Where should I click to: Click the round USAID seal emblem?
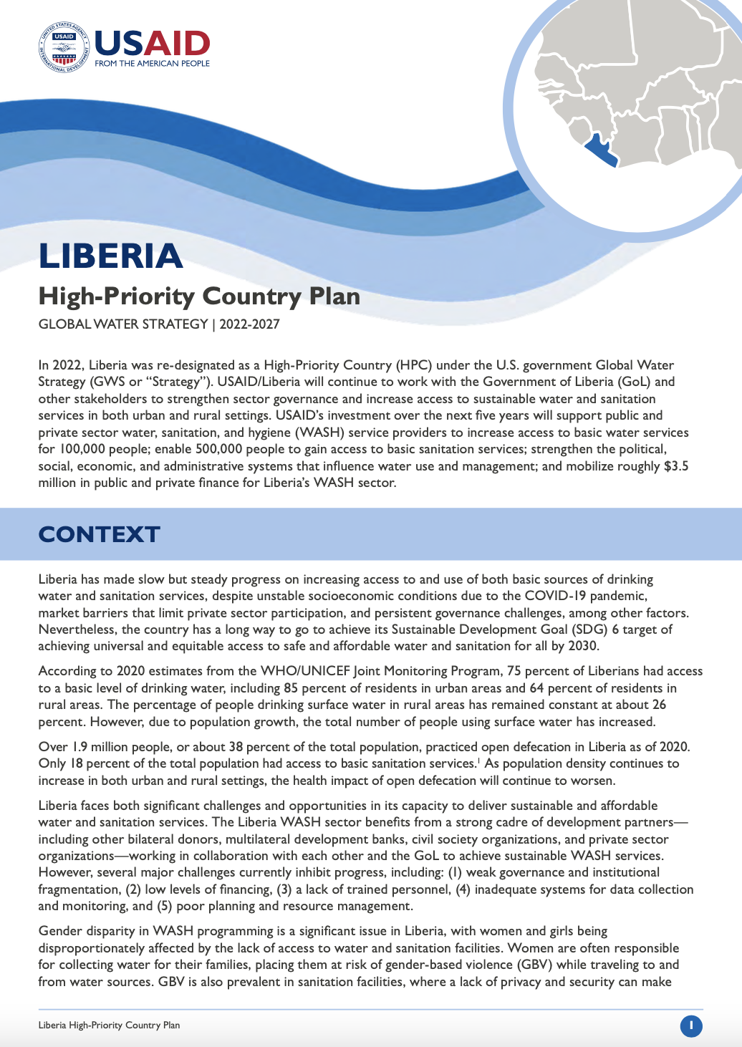(x=64, y=48)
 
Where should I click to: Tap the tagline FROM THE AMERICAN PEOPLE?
(x=152, y=63)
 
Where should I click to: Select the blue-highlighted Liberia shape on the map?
(x=600, y=150)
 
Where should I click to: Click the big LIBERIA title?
(x=111, y=256)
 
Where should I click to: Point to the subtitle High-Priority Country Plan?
(x=199, y=296)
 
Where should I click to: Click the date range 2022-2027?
(x=249, y=324)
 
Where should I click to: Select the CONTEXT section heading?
(x=99, y=534)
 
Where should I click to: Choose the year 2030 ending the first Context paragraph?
(x=582, y=646)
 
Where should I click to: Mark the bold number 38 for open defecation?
(x=236, y=747)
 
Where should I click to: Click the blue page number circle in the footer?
(x=691, y=1026)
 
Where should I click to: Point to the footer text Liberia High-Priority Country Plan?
(x=109, y=1026)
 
